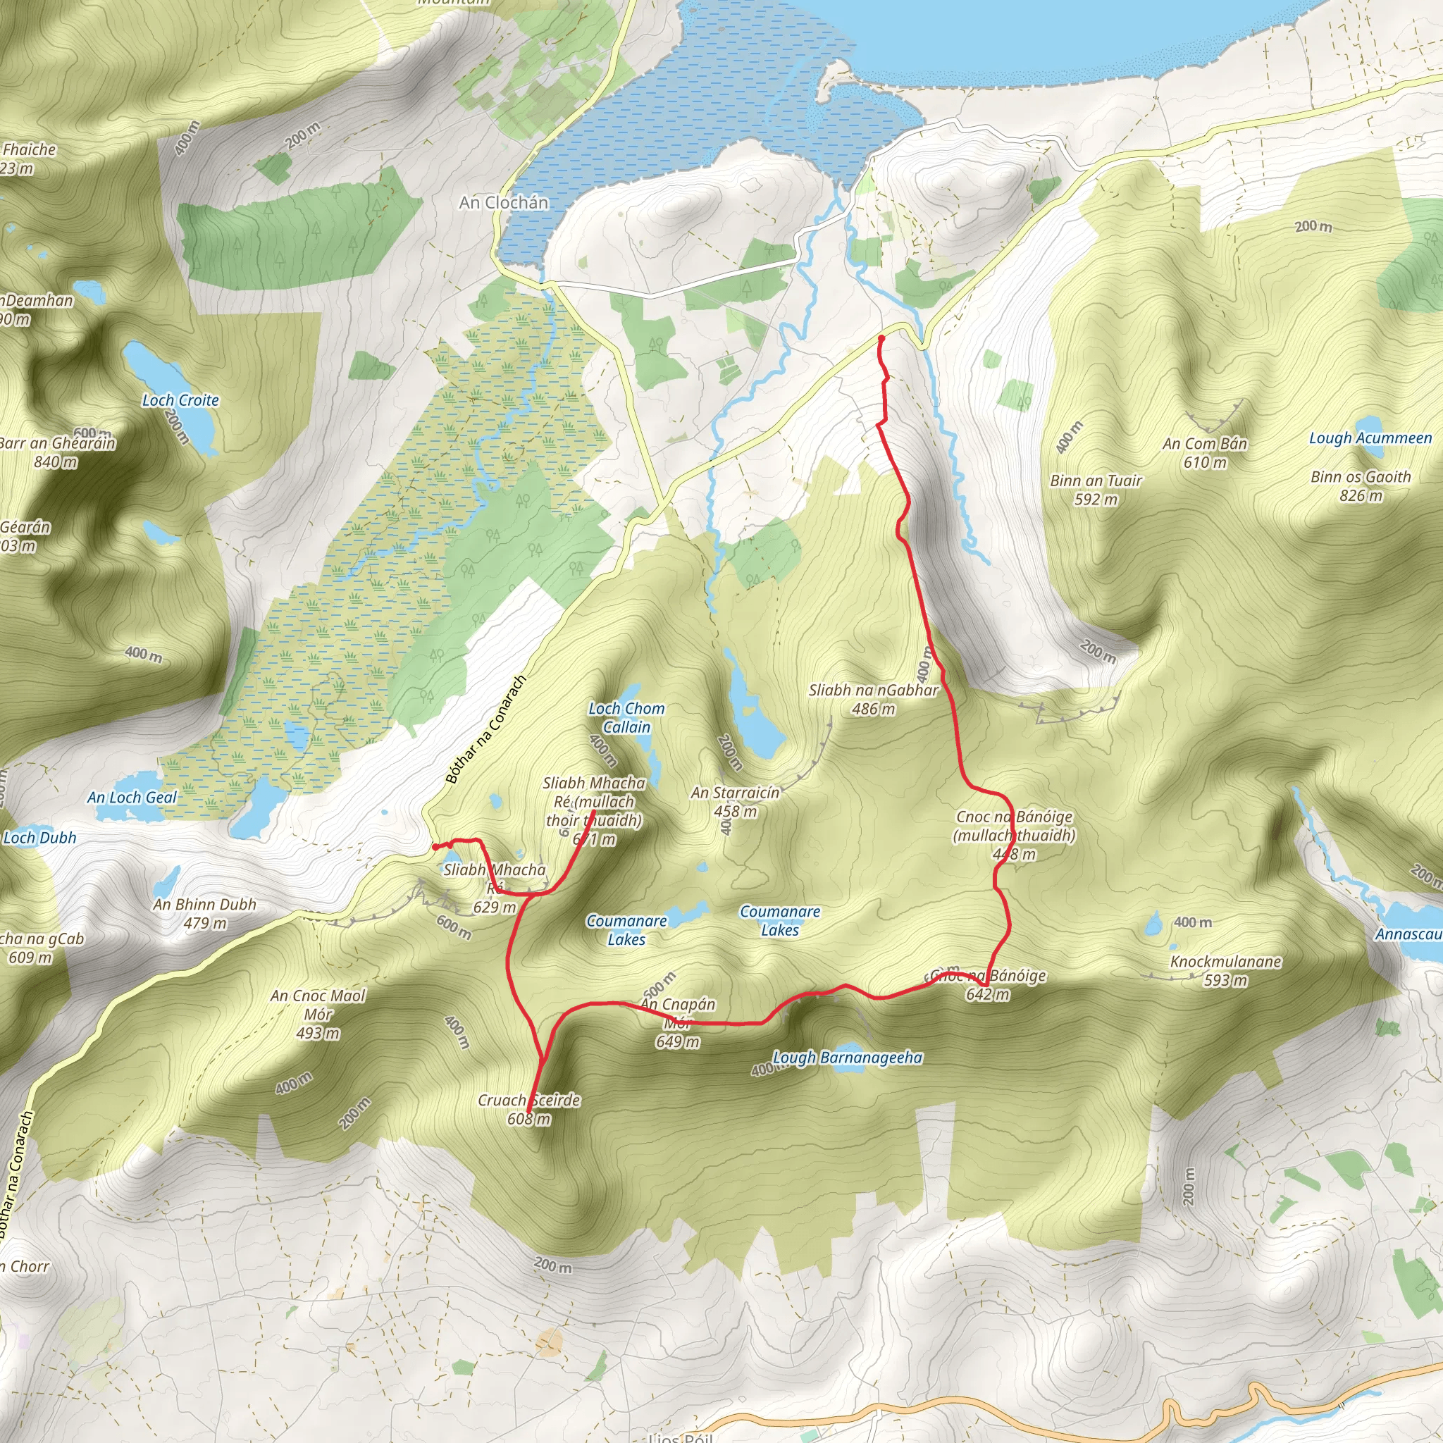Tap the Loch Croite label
tap(181, 400)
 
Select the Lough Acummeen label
tap(1370, 438)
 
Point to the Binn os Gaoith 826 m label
tap(1361, 486)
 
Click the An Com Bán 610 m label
tap(1205, 452)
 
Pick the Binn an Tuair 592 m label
tap(1096, 490)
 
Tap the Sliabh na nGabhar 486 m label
tap(873, 699)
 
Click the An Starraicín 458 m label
tap(735, 801)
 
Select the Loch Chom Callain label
tap(626, 717)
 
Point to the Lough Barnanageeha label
tap(847, 1058)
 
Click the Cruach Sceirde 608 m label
tap(529, 1109)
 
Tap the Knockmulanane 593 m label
tap(1226, 970)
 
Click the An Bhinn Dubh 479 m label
tap(204, 913)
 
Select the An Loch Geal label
tap(132, 797)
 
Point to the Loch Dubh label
tap(40, 837)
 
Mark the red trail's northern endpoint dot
tap(881, 338)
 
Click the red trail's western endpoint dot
tap(435, 847)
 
